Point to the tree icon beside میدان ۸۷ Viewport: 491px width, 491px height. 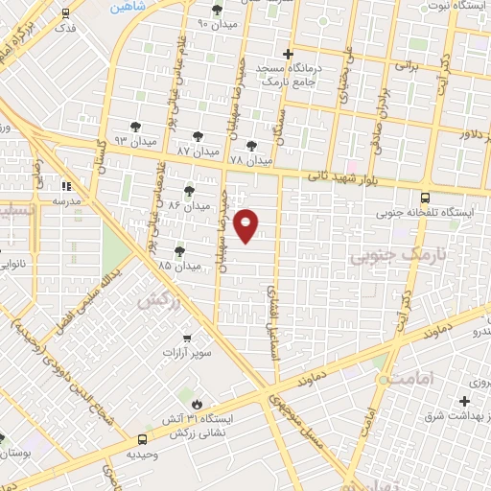pyautogui.click(x=199, y=136)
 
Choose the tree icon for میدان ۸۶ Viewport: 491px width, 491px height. pyautogui.click(x=188, y=190)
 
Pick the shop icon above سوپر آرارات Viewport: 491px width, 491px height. pyautogui.click(x=188, y=337)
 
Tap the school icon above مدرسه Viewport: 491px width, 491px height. pyautogui.click(x=66, y=186)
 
